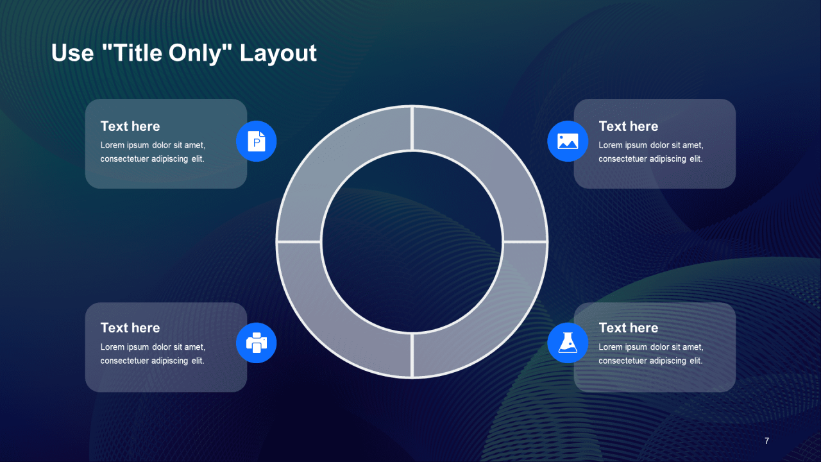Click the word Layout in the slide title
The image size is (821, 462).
tap(278, 54)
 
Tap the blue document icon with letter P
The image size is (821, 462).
tap(256, 141)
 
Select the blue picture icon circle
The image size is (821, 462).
tap(568, 141)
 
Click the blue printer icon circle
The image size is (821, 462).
tap(256, 343)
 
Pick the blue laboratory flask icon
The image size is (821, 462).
tap(568, 343)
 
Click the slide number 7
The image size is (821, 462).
tap(766, 441)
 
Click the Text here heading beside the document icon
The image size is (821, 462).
tap(130, 126)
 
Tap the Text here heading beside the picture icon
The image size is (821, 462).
tap(628, 126)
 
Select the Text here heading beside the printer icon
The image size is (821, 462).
tap(130, 328)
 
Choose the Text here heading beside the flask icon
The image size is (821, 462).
tap(628, 328)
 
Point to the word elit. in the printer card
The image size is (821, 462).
tap(198, 361)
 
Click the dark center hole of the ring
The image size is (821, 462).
tap(412, 242)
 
